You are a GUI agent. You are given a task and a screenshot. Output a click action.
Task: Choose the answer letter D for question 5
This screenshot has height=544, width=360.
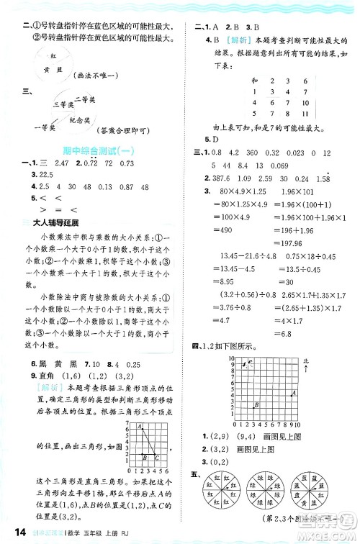tap(214, 139)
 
